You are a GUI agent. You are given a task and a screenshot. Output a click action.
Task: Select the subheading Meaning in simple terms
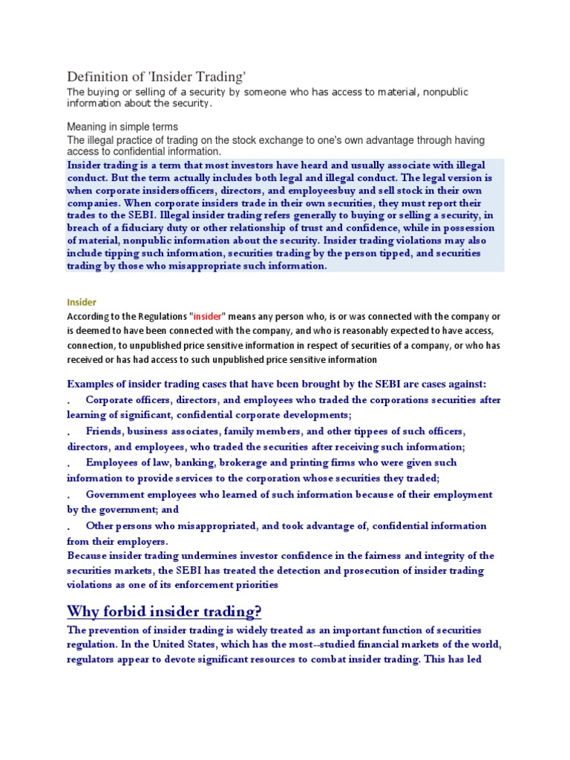(x=122, y=127)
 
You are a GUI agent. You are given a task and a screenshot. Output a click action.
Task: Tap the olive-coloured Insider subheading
(x=82, y=302)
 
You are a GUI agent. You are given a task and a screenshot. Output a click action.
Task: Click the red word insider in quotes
(x=208, y=316)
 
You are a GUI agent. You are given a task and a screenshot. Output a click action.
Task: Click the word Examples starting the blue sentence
(x=92, y=384)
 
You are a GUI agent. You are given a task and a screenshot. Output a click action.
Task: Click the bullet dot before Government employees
(x=69, y=495)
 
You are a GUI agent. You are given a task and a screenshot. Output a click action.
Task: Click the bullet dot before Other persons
(x=69, y=526)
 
